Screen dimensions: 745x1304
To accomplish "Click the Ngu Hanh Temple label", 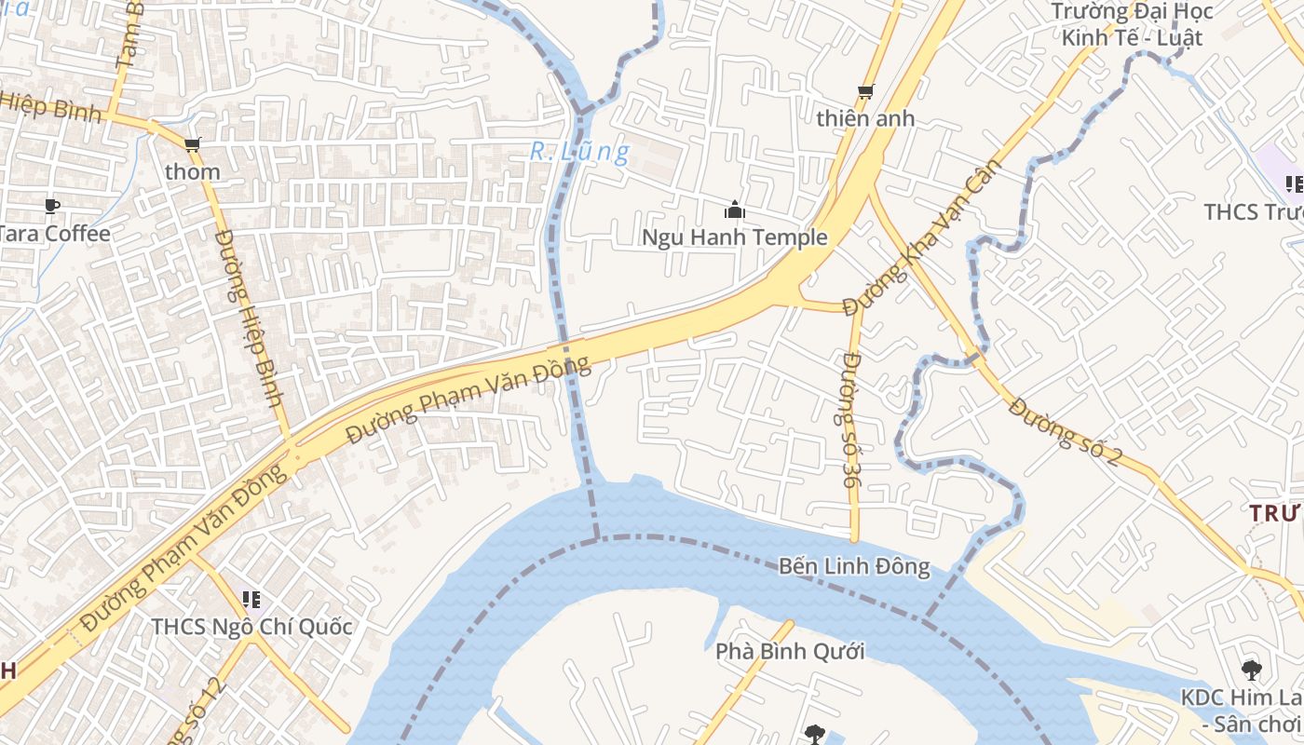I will pos(734,237).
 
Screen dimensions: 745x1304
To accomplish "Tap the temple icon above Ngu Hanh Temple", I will pos(734,210).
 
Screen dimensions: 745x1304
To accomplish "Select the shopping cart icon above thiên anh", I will pos(865,91).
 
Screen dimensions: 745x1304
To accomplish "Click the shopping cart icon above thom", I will pos(193,144).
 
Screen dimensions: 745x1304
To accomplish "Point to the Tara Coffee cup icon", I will pos(52,206).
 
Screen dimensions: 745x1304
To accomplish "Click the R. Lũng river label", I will pos(579,151).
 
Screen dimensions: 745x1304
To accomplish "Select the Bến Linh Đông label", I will pos(853,566).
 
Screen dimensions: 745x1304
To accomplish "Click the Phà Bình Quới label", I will pos(790,651).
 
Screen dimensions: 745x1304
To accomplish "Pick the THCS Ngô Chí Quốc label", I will pos(252,627).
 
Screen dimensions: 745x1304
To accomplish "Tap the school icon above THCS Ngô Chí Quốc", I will pos(251,599).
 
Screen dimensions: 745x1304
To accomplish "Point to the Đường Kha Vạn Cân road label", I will pos(923,237).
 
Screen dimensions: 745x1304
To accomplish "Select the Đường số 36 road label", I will pos(852,419).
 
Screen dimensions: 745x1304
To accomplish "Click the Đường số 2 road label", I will pos(1065,430).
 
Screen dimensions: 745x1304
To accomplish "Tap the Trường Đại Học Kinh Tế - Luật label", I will pos(1132,25).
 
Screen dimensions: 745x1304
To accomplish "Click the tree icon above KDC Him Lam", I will pos(1251,669).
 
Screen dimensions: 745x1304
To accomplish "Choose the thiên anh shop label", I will pos(865,119).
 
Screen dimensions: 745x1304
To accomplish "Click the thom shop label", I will pos(193,172).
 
